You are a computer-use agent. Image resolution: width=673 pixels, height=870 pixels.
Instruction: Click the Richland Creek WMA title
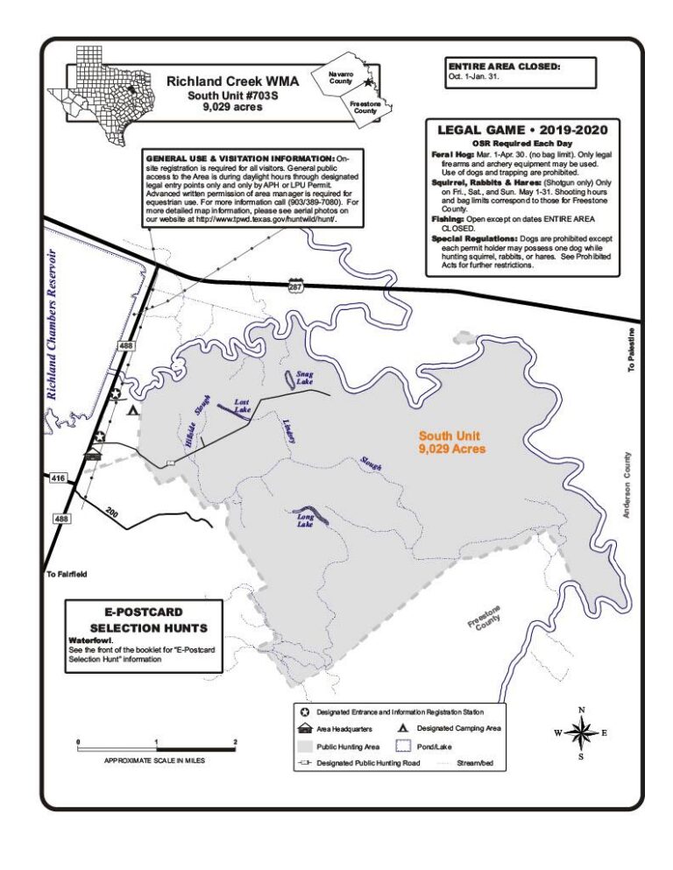coord(232,81)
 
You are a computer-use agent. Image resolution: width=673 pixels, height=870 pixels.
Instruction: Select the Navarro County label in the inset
coord(341,78)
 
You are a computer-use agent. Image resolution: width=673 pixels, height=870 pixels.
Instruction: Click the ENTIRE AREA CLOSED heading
coord(504,66)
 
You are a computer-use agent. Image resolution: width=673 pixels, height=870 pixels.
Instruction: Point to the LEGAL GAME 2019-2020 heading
coord(521,131)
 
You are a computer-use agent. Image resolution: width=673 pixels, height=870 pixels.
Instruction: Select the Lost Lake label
coord(242,406)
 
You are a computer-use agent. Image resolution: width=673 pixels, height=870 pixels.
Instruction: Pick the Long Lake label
coord(305,520)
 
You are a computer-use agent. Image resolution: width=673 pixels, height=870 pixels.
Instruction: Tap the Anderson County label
coord(627,485)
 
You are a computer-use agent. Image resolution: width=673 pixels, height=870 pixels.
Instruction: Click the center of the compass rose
coord(580,732)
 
